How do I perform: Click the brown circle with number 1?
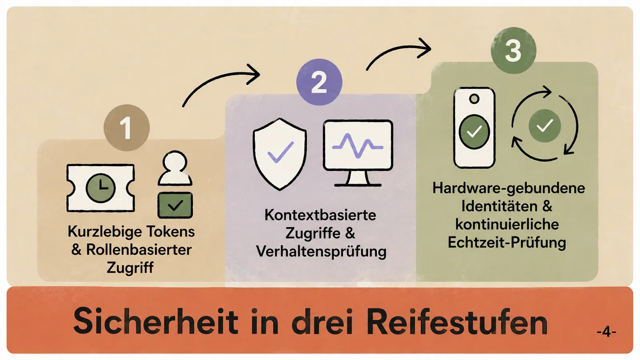click(126, 128)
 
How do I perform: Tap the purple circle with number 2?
click(319, 82)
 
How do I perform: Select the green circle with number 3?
click(514, 50)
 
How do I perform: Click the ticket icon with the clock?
click(100, 188)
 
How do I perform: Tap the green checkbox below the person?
click(175, 205)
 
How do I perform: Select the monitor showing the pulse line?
click(358, 153)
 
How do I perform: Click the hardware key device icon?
click(474, 128)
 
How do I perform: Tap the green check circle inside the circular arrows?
click(544, 126)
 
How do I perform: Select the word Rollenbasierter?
click(139, 250)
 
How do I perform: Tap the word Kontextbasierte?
click(320, 215)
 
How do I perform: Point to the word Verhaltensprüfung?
click(321, 252)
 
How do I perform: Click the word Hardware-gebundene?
click(508, 188)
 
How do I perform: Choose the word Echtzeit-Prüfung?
click(507, 242)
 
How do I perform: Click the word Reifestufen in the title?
click(457, 322)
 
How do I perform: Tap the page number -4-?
click(606, 332)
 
